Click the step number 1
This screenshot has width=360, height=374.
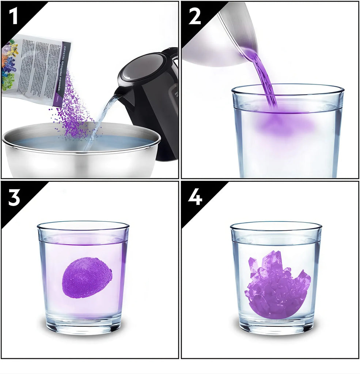tap(14, 17)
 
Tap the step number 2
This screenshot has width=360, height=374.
tap(194, 17)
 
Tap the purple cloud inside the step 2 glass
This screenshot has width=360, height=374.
tap(285, 126)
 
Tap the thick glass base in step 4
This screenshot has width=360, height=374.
tap(276, 327)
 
